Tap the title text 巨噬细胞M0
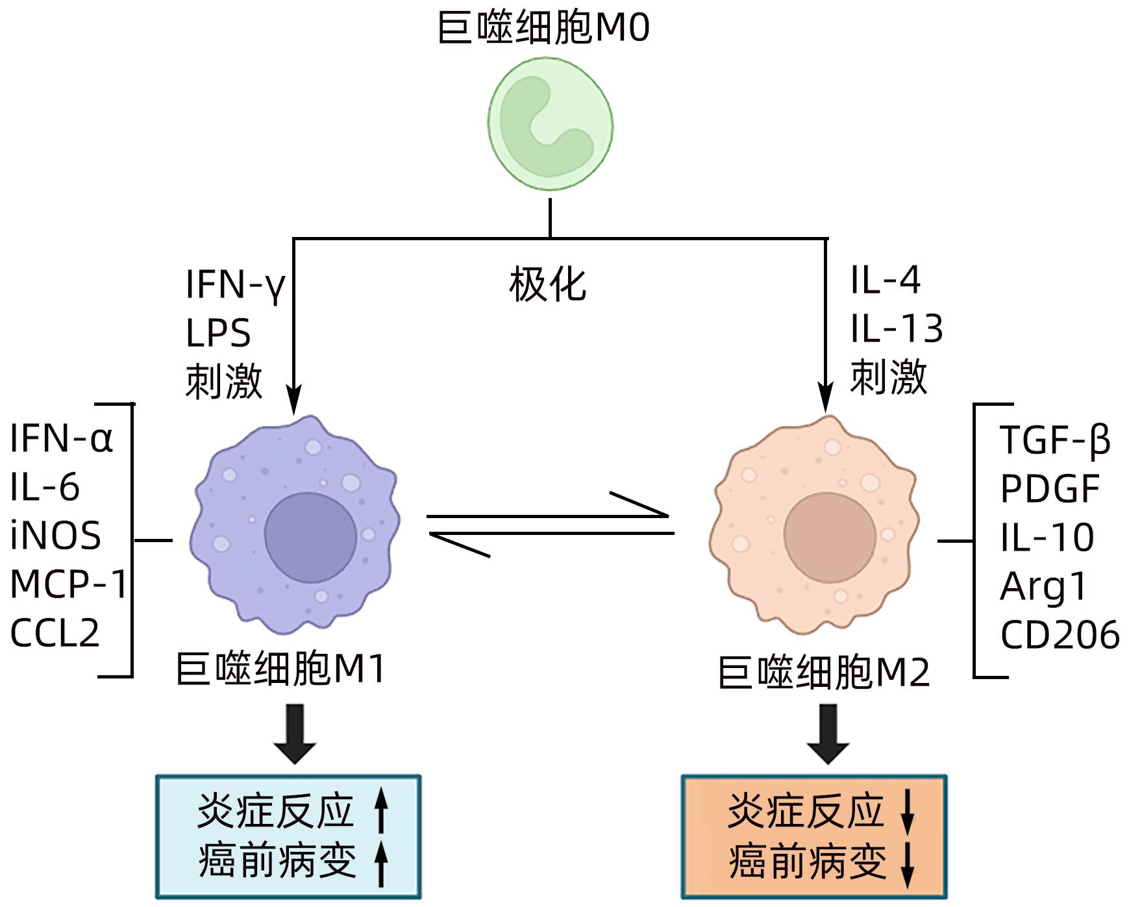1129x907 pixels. (x=544, y=29)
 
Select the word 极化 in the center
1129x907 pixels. (x=548, y=284)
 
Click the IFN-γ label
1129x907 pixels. (x=236, y=284)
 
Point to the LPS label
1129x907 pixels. (x=218, y=334)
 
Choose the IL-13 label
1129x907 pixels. (x=897, y=329)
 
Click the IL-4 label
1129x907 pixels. (x=886, y=280)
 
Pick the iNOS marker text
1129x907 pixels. (x=56, y=536)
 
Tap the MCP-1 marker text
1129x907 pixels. (x=69, y=584)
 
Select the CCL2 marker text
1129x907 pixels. (x=55, y=633)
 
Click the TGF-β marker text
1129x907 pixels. (x=1055, y=440)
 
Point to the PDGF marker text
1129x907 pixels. (x=1050, y=489)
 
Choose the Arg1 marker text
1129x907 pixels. (x=1043, y=587)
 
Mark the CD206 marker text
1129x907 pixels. (x=1060, y=635)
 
